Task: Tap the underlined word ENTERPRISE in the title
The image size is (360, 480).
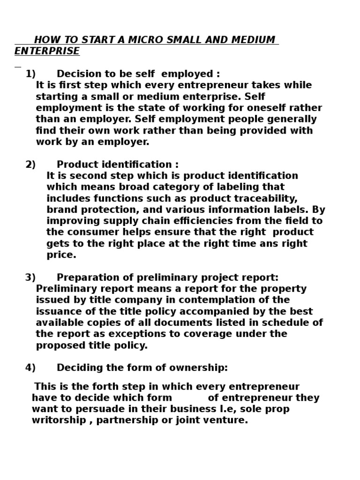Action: click(x=47, y=51)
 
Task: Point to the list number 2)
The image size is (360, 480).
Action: click(x=30, y=165)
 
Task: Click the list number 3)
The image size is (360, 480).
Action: click(x=30, y=277)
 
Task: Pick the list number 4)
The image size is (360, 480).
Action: click(x=30, y=368)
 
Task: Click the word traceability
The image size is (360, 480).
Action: click(x=267, y=198)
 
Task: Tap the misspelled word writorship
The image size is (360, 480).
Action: click(x=54, y=420)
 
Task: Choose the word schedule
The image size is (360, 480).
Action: click(x=286, y=322)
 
